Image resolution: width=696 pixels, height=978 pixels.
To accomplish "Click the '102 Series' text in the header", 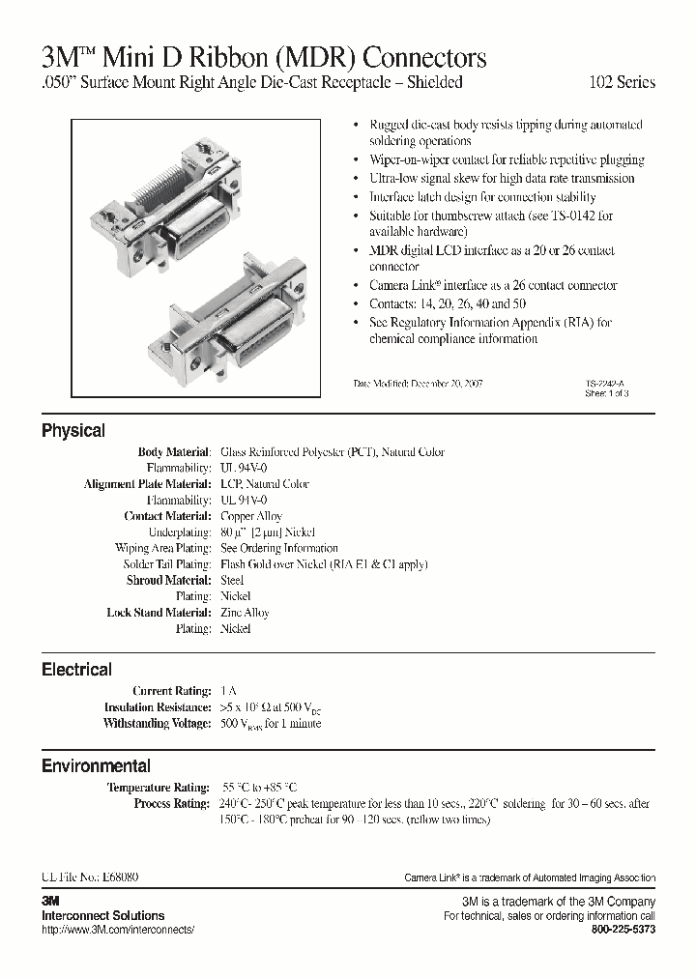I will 623,83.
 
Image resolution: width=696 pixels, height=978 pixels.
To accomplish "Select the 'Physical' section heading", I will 73,431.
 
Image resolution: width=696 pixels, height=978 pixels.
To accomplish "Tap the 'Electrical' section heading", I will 76,670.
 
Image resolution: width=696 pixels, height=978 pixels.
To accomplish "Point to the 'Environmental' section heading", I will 96,766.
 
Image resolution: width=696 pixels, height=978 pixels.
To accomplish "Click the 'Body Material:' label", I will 174,452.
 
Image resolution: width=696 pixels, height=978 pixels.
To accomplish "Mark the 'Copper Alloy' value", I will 251,516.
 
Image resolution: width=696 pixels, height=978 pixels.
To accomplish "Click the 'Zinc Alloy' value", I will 245,613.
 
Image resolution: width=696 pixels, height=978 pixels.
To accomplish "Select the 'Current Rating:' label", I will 171,691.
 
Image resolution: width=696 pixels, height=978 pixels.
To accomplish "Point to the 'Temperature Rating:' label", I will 159,788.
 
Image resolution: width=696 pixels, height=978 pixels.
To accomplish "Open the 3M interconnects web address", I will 118,929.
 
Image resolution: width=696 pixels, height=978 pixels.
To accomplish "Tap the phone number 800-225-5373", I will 623,929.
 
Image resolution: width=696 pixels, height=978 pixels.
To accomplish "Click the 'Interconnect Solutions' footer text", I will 102,915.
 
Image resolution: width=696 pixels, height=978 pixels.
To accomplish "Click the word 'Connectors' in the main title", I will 425,58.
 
